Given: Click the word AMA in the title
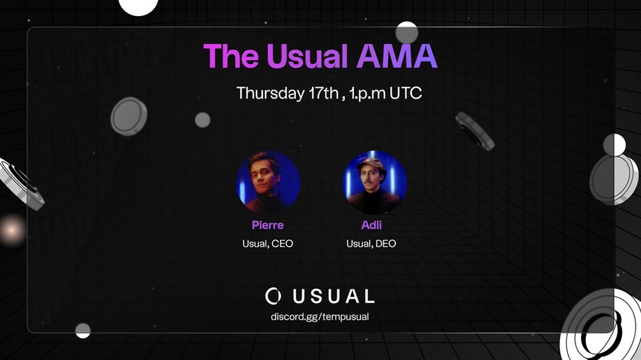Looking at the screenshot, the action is [x=397, y=56].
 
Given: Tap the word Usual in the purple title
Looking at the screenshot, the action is [x=307, y=56].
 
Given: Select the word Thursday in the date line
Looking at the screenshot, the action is [x=271, y=94].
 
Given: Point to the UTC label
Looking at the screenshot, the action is [x=406, y=93].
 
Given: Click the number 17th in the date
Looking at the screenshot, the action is [x=323, y=93].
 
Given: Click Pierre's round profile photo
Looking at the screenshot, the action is [x=268, y=183].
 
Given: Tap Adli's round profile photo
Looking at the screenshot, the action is [x=374, y=183].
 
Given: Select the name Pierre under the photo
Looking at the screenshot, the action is [x=268, y=225].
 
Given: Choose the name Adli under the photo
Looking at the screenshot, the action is [x=372, y=225].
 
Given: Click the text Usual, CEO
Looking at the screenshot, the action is [x=268, y=243].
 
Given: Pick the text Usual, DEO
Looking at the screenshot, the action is [x=371, y=243].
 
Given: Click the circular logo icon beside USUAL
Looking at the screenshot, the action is [x=273, y=296].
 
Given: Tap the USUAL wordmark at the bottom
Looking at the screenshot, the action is [x=333, y=296].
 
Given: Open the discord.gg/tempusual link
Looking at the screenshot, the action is [x=320, y=316].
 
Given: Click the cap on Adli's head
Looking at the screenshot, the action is [x=371, y=163].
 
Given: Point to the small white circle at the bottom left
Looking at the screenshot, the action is [x=83, y=331].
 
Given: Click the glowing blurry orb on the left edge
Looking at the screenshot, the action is [x=12, y=230].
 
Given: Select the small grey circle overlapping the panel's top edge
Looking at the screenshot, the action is [x=407, y=33].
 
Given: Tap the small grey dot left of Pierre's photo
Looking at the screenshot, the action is [x=203, y=120].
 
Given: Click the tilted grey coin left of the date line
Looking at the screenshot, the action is [x=129, y=117].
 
